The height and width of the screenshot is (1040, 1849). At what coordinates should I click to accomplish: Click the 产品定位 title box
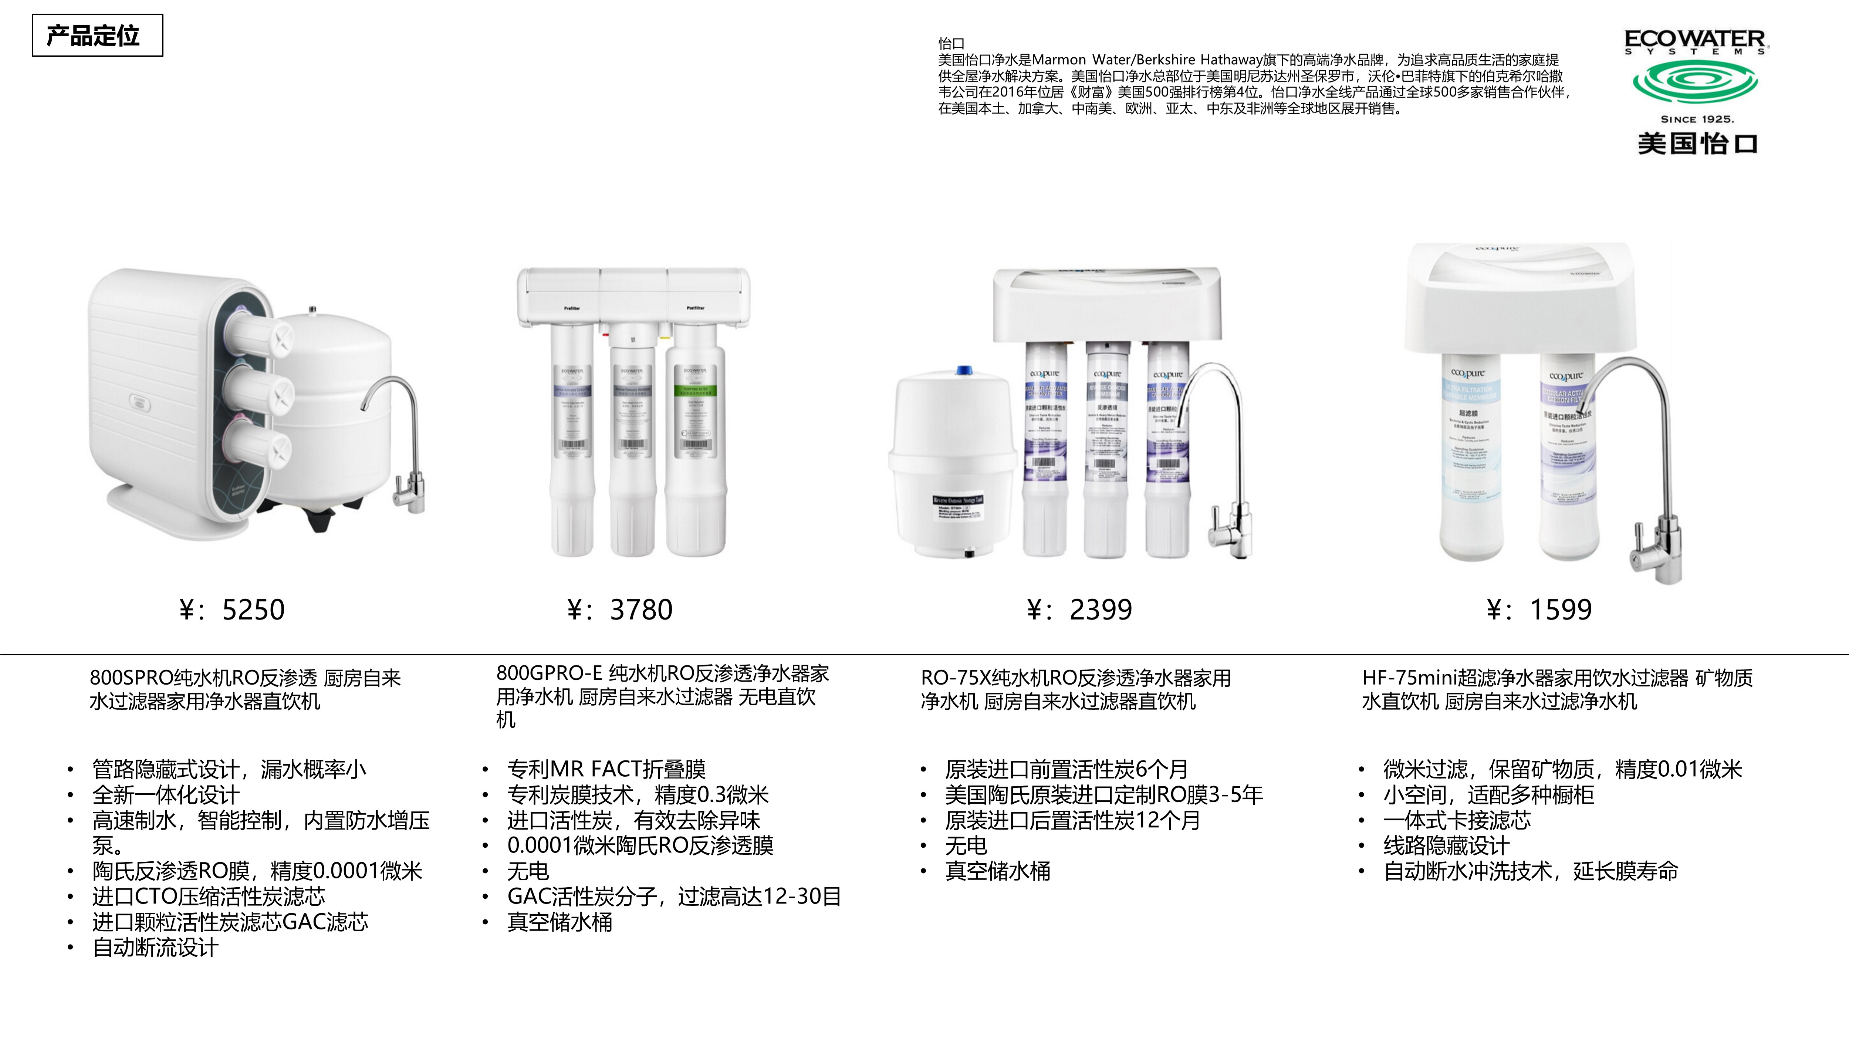[97, 35]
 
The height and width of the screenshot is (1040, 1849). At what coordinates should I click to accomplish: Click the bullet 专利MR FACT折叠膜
[606, 769]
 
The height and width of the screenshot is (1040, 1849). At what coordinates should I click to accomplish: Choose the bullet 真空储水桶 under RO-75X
[998, 871]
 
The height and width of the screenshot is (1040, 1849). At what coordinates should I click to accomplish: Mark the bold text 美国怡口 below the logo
[1697, 143]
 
